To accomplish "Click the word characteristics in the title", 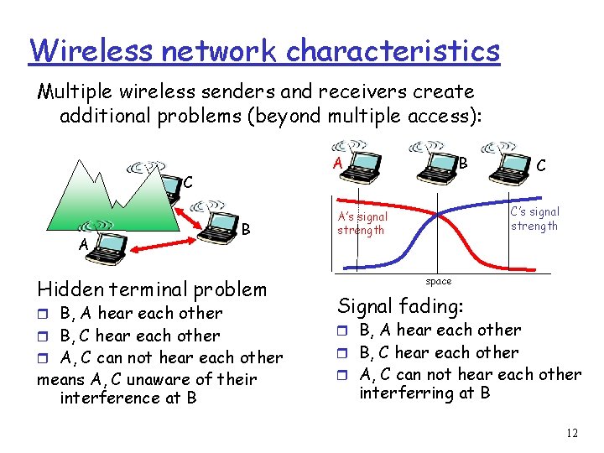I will pos(392,50).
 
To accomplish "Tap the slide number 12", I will pos(571,434).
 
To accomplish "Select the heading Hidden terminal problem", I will pos(152,289).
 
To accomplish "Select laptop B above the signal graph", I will pos(435,164).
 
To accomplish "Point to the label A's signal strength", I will pos(362,223).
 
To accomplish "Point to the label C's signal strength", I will pos(534,219).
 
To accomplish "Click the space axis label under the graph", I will pos(438,281).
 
